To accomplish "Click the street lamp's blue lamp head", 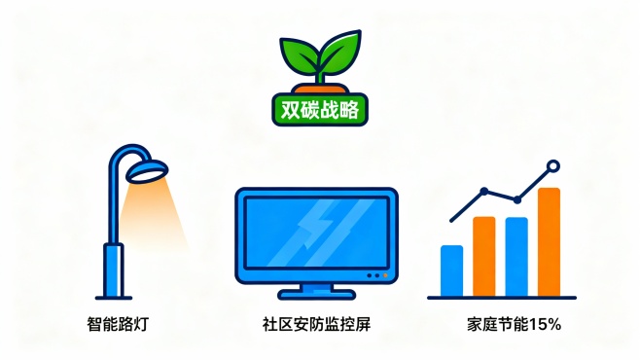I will [147, 172].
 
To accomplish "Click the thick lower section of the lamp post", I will [114, 270].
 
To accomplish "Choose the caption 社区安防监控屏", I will [316, 323].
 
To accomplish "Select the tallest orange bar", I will [549, 241].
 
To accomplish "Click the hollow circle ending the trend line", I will [553, 166].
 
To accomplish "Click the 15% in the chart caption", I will [546, 323].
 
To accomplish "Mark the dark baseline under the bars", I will [502, 297].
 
